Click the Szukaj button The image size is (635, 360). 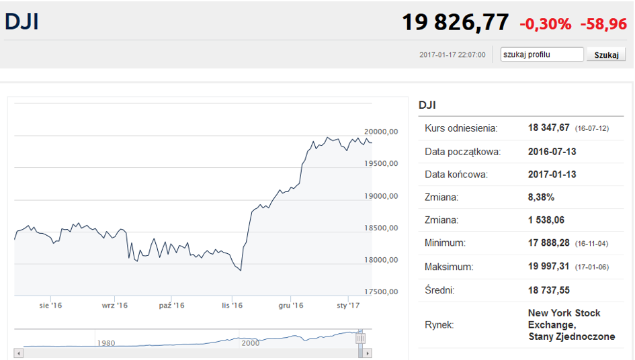pos(606,54)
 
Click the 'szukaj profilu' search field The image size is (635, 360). pos(542,54)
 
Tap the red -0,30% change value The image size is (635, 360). pos(545,24)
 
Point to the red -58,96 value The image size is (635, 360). pos(603,24)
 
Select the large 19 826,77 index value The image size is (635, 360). pos(455,23)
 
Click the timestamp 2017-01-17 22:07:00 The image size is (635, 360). pos(452,54)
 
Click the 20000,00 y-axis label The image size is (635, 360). pos(381,132)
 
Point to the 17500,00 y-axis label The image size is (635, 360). pos(381,291)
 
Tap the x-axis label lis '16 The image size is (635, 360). pos(232,306)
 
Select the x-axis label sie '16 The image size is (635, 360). pos(50,306)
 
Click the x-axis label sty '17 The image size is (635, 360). pos(348,306)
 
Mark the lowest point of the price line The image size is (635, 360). pos(241,271)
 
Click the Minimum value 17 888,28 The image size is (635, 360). pos(549,243)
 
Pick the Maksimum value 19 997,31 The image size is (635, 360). pos(549,267)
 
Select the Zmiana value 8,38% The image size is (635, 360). pos(541,197)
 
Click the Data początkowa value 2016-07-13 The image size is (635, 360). pos(552,151)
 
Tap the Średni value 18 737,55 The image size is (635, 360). pos(549,290)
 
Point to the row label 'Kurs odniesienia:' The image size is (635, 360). pos(461,128)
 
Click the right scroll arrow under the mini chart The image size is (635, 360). pos(368,353)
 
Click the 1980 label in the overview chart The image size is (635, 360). pos(106,343)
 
